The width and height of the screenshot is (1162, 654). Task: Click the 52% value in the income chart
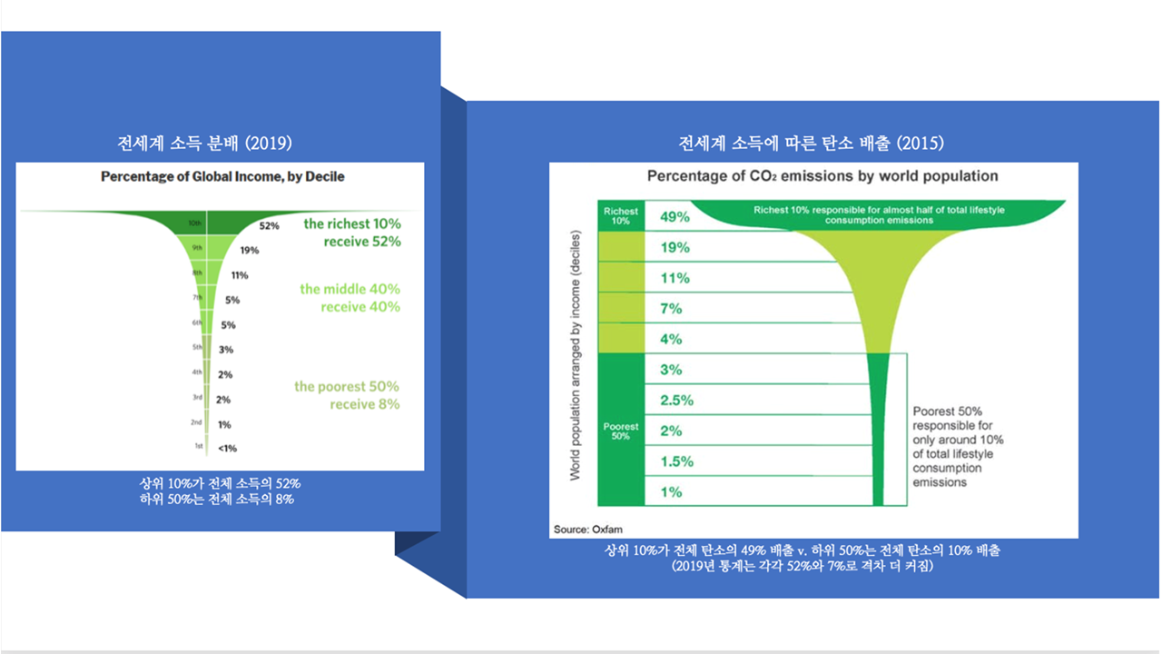pos(269,225)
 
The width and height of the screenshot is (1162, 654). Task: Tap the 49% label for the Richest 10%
pos(675,217)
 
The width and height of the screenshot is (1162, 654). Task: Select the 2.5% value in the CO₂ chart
pos(677,401)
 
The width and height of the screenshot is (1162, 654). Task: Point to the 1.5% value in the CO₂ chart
pos(677,461)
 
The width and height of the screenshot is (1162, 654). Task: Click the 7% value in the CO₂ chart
pos(672,309)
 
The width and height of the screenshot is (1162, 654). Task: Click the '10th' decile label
pos(194,223)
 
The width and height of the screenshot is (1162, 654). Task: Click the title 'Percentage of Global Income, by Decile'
pos(222,176)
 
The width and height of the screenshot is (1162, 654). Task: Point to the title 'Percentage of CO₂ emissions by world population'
pos(822,176)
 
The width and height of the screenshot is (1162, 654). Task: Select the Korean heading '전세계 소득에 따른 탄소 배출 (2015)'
pos(812,144)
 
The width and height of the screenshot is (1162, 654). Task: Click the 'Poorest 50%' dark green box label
pos(621,431)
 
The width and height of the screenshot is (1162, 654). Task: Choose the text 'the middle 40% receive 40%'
pos(350,298)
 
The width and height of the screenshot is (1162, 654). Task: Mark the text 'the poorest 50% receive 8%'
pos(347,395)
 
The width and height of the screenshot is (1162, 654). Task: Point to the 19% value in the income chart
pos(250,250)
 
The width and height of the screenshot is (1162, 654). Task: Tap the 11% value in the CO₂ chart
pos(675,278)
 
